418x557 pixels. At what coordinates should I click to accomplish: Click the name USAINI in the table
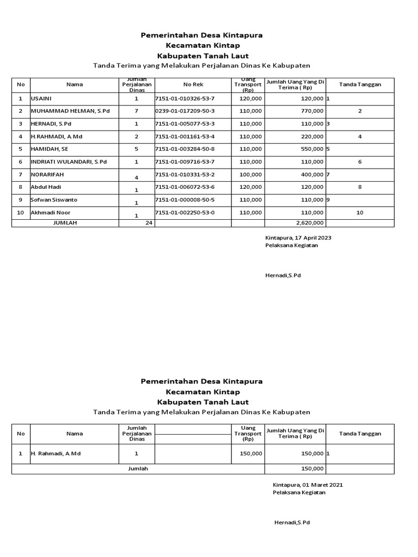(x=41, y=98)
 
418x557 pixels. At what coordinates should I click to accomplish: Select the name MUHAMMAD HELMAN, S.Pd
(x=70, y=111)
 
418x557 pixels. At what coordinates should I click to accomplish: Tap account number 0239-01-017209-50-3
(x=185, y=111)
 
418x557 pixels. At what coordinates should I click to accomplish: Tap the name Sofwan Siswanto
(x=54, y=200)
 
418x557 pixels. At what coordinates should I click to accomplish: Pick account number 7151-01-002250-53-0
(x=185, y=212)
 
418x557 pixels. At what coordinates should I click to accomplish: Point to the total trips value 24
(x=149, y=222)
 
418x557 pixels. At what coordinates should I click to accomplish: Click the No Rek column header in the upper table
(x=193, y=84)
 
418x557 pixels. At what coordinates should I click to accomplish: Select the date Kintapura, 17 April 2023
(x=298, y=238)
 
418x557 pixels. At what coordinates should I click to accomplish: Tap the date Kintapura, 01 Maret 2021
(x=308, y=485)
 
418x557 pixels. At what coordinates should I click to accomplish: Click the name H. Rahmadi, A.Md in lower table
(x=56, y=453)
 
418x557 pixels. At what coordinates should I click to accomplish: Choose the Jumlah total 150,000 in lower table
(x=312, y=468)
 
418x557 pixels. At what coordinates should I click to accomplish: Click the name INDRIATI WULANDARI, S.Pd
(x=69, y=162)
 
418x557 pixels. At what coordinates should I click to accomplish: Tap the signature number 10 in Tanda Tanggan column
(x=360, y=212)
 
